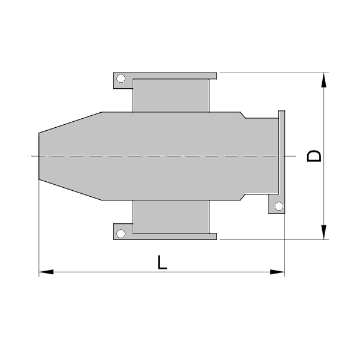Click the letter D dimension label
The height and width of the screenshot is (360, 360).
point(314,156)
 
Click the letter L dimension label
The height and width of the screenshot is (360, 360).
point(162,262)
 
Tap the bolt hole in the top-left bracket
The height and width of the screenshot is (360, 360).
point(121,79)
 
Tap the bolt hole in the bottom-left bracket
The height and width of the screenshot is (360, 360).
point(121,234)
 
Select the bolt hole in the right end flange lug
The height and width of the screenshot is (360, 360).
point(279,206)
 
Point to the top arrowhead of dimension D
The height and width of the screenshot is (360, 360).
point(324,80)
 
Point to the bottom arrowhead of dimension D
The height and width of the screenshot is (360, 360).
point(324,232)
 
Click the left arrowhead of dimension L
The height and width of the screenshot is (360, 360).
point(46,272)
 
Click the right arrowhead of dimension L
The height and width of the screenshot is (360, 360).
point(277,272)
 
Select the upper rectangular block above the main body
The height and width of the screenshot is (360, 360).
point(171,95)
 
